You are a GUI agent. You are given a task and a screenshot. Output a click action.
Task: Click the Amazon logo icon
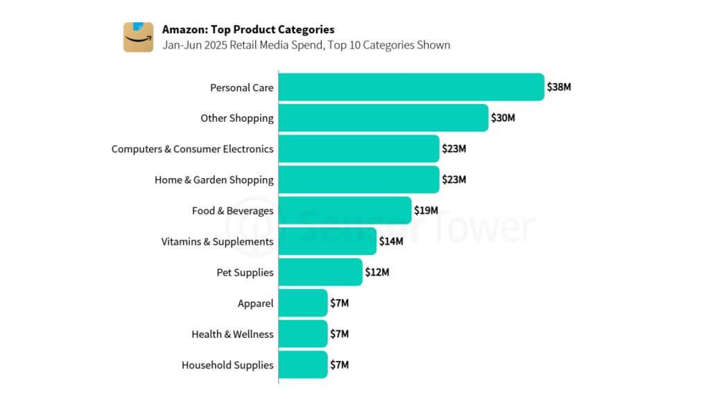tap(138, 37)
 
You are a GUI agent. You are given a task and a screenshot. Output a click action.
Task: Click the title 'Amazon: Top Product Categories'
tap(248, 30)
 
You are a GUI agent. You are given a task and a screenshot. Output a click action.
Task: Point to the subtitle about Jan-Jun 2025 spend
tap(306, 46)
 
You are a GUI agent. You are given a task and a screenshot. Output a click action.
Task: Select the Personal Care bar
tap(411, 87)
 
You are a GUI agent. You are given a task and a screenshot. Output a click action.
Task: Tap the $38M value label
tap(559, 87)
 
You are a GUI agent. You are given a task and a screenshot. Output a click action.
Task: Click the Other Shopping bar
tap(383, 118)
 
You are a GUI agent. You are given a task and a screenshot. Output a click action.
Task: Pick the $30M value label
tap(503, 118)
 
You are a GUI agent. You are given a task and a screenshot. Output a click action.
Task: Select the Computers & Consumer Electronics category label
tap(192, 149)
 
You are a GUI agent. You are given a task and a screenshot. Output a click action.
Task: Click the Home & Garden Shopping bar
tap(359, 179)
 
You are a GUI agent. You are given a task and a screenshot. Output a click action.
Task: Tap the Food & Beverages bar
tap(345, 211)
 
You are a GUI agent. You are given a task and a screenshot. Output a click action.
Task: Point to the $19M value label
tap(426, 211)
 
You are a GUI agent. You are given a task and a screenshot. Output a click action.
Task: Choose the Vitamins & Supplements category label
tap(217, 242)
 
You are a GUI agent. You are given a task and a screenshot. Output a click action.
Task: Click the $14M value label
tap(390, 242)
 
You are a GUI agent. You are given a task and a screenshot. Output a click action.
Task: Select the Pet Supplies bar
tap(320, 272)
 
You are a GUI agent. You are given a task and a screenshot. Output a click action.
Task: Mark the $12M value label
tap(377, 272)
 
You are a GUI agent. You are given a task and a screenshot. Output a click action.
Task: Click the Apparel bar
tap(303, 303)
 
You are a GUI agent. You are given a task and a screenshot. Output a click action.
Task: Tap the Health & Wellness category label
tap(232, 334)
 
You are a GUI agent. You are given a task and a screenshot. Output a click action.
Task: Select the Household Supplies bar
tap(303, 364)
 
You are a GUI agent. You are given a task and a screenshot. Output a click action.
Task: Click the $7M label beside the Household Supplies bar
tap(339, 364)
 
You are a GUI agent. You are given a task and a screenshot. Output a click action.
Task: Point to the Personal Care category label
tap(241, 88)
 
